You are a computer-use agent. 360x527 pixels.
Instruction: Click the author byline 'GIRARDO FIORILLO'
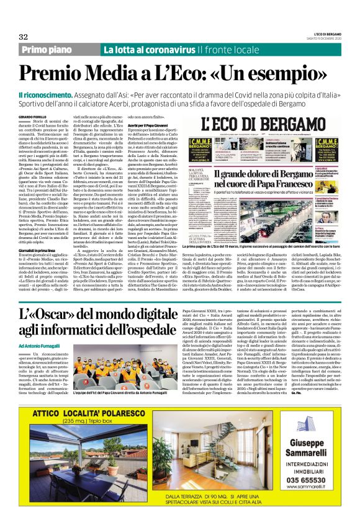pyautogui.click(x=37, y=116)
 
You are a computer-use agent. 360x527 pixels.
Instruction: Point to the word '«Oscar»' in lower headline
pyautogui.click(x=57, y=317)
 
